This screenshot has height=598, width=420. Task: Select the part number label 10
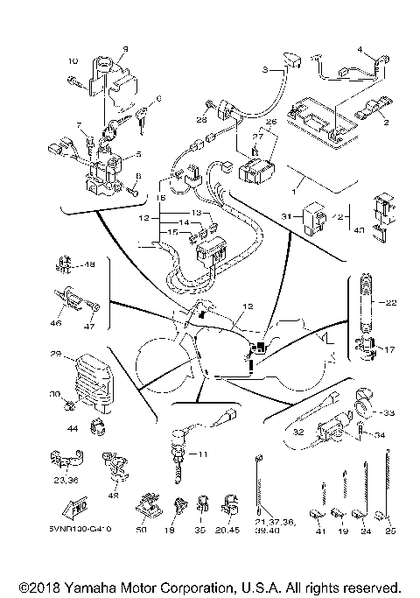tap(72, 60)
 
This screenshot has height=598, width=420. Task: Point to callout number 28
tap(200, 119)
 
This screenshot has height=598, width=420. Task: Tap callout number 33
tap(389, 412)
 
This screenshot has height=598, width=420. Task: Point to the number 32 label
tap(298, 431)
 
